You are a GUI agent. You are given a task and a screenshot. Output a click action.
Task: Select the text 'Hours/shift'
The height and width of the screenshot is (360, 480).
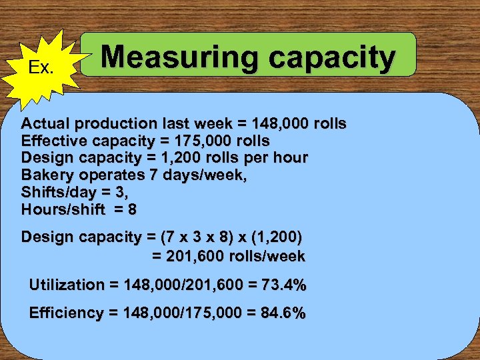tap(63, 209)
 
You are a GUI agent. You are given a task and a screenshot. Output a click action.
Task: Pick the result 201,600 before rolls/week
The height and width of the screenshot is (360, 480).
tap(193, 256)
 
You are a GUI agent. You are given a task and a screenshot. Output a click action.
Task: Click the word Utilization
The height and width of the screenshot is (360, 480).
tap(67, 285)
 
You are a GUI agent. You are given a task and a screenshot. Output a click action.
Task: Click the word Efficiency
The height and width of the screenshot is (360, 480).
tap(66, 313)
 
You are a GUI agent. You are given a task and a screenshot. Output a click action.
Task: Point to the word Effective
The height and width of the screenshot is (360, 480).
tap(55, 141)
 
